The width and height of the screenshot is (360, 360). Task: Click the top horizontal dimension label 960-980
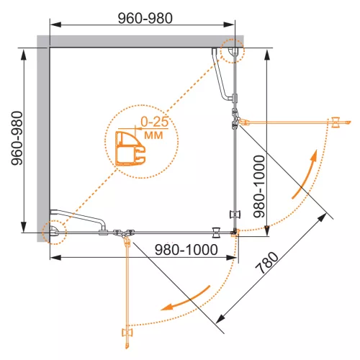pyautogui.click(x=145, y=18)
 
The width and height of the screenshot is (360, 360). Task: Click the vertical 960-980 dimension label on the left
pyautogui.click(x=17, y=138)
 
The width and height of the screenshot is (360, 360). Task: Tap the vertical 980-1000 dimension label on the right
pyautogui.click(x=259, y=186)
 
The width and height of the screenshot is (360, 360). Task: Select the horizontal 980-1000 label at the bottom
pyautogui.click(x=186, y=250)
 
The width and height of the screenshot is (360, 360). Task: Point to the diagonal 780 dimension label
pyautogui.click(x=266, y=263)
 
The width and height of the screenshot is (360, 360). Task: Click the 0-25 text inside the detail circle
pyautogui.click(x=155, y=122)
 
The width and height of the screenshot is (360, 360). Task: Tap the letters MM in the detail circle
pyautogui.click(x=153, y=135)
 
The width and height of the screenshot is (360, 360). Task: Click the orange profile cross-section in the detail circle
pyautogui.click(x=130, y=148)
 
